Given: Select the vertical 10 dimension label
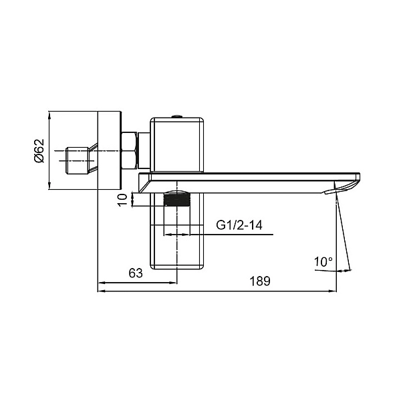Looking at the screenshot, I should tap(122, 200).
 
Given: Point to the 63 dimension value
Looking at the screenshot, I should tap(136, 273).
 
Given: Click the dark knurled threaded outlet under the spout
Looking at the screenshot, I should tap(177, 197).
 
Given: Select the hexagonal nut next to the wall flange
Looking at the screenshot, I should tap(130, 150).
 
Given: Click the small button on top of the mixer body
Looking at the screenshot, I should tap(177, 117).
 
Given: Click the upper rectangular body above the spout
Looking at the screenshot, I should tap(177, 144).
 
